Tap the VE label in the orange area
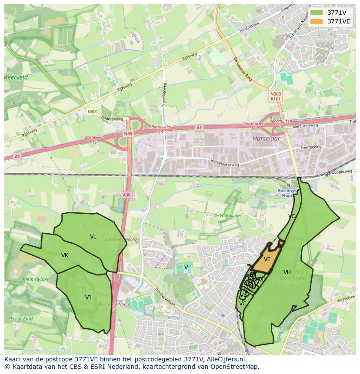point(267,259)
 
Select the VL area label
point(93,237)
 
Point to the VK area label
point(65,255)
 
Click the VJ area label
point(88,298)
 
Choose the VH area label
point(287,272)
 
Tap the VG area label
point(292,216)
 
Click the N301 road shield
point(92,112)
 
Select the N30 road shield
point(127,134)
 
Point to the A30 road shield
point(126,195)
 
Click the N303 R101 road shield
point(275,96)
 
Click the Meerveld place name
point(16,77)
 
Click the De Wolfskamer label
point(228,215)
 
